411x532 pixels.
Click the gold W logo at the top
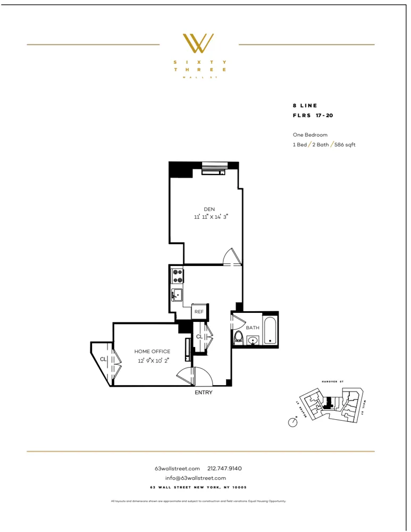(198, 43)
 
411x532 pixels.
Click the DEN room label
(209, 209)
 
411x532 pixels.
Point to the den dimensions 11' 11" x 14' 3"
(211, 217)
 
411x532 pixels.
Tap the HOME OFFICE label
(152, 352)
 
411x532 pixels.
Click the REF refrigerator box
(199, 312)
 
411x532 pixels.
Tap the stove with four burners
(178, 276)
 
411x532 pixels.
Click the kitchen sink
(177, 295)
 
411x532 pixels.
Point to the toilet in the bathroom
(239, 337)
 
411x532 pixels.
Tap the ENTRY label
(204, 393)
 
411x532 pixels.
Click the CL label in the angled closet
(103, 359)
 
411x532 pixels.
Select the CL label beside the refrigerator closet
(199, 337)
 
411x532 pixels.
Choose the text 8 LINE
(305, 106)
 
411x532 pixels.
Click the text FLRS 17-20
(313, 115)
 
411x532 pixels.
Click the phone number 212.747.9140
(224, 468)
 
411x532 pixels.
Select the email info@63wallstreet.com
(196, 478)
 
